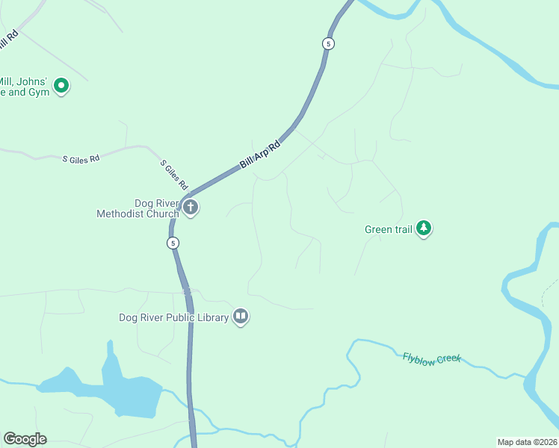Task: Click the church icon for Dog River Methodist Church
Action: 191,208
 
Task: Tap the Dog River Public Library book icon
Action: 241,317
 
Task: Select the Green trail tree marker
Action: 424,228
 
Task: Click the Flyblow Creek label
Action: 432,358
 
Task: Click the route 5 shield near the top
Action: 328,43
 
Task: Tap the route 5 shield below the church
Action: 173,243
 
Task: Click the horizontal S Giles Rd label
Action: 81,159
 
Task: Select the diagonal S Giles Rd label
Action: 174,174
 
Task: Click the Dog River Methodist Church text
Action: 138,208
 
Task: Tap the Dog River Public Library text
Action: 173,317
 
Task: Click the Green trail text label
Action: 388,229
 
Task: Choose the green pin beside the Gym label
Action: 61,87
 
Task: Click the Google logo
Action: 25,439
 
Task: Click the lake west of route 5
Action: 127,392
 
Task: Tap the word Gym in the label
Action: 39,93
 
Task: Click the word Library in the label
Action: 212,317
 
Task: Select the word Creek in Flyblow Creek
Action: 448,360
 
